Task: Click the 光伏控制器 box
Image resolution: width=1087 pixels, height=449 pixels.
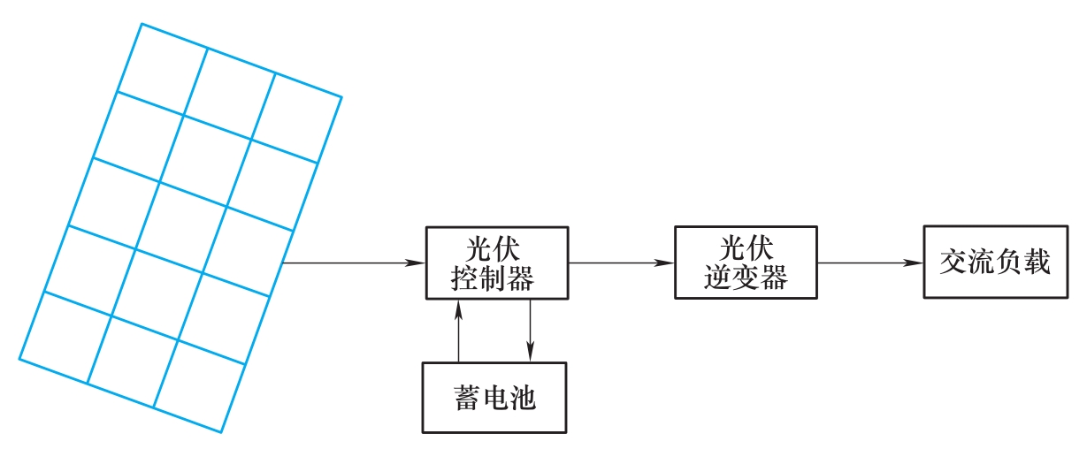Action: [x=495, y=263]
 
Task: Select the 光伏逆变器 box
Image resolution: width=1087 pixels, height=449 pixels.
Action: [x=746, y=263]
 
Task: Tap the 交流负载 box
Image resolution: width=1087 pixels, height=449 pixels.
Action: [x=995, y=263]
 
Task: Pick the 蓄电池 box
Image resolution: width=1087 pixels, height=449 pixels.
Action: [x=494, y=399]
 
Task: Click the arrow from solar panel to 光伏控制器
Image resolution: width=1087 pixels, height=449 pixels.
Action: [x=354, y=263]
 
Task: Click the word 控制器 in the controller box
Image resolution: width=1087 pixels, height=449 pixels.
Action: [x=494, y=279]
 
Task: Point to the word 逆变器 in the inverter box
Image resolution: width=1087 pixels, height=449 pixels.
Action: [x=745, y=279]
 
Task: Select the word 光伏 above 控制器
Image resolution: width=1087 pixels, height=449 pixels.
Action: [x=494, y=247]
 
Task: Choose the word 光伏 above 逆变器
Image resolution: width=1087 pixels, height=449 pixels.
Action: [x=745, y=247]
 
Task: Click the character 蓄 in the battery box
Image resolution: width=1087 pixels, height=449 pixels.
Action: [x=463, y=399]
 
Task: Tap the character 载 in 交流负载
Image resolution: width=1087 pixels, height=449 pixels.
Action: [x=1037, y=263]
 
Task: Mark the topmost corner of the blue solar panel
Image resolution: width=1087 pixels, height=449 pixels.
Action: [x=142, y=23]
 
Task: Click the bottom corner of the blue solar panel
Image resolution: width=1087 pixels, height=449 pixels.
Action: [x=220, y=432]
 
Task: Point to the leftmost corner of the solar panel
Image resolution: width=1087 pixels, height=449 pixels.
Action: [x=19, y=358]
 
